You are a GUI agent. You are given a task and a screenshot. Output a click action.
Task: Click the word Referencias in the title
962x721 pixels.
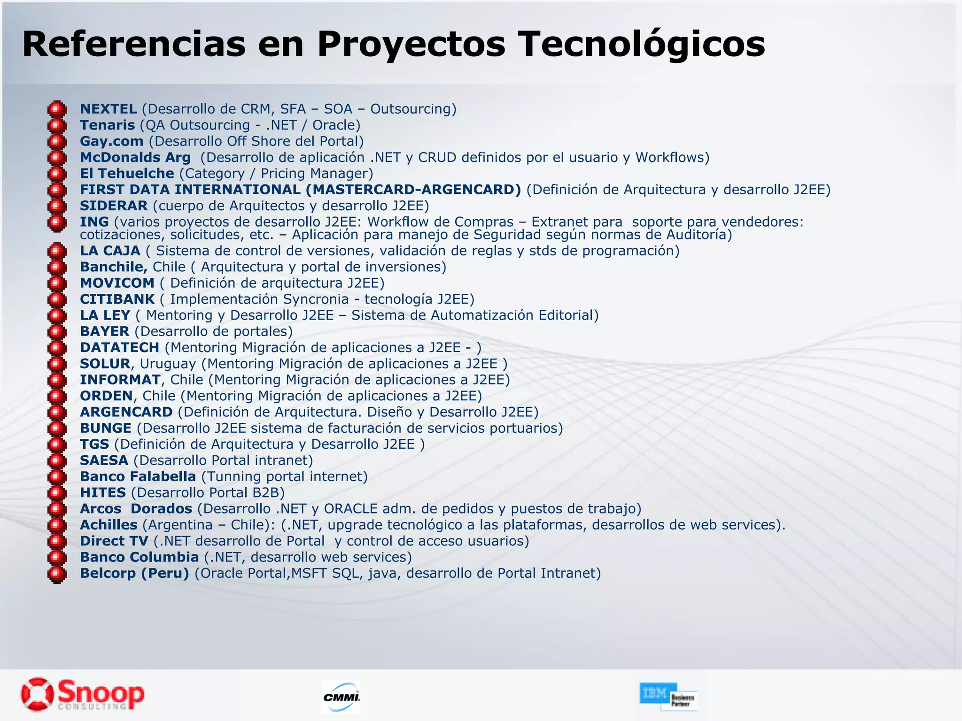point(134,45)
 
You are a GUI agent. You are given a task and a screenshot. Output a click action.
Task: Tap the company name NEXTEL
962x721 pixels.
point(108,109)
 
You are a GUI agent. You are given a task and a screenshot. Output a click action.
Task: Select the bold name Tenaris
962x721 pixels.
point(107,125)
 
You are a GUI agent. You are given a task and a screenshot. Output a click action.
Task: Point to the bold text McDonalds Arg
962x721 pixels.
point(135,157)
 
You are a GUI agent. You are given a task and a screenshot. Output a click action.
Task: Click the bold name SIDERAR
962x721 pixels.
point(114,206)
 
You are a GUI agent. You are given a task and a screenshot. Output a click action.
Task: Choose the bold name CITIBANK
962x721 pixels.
point(117,299)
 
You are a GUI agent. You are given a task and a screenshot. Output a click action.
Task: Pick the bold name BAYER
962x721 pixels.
point(104,331)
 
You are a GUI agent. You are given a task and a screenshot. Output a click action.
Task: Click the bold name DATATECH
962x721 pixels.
point(119,347)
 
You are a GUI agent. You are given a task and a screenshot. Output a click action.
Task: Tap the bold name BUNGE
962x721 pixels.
point(106,428)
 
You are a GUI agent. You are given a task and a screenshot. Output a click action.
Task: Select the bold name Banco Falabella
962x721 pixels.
point(138,476)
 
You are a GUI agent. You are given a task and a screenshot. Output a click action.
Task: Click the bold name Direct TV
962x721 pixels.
point(114,541)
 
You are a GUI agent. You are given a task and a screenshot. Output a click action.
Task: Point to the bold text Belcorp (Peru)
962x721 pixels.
point(134,573)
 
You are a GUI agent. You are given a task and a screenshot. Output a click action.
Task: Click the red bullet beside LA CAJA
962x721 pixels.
point(57,251)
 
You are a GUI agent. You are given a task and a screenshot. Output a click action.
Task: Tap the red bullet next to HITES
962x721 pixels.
point(57,493)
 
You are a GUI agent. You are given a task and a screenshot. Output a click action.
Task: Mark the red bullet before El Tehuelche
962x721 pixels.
point(57,174)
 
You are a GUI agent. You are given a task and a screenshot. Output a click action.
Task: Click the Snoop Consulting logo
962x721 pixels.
point(83,694)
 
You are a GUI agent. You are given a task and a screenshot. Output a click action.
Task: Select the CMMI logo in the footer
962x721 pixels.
point(341,697)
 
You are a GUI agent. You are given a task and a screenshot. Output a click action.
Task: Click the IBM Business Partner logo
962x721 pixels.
point(668,696)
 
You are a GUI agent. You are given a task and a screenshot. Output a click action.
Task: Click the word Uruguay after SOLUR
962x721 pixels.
point(168,364)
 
